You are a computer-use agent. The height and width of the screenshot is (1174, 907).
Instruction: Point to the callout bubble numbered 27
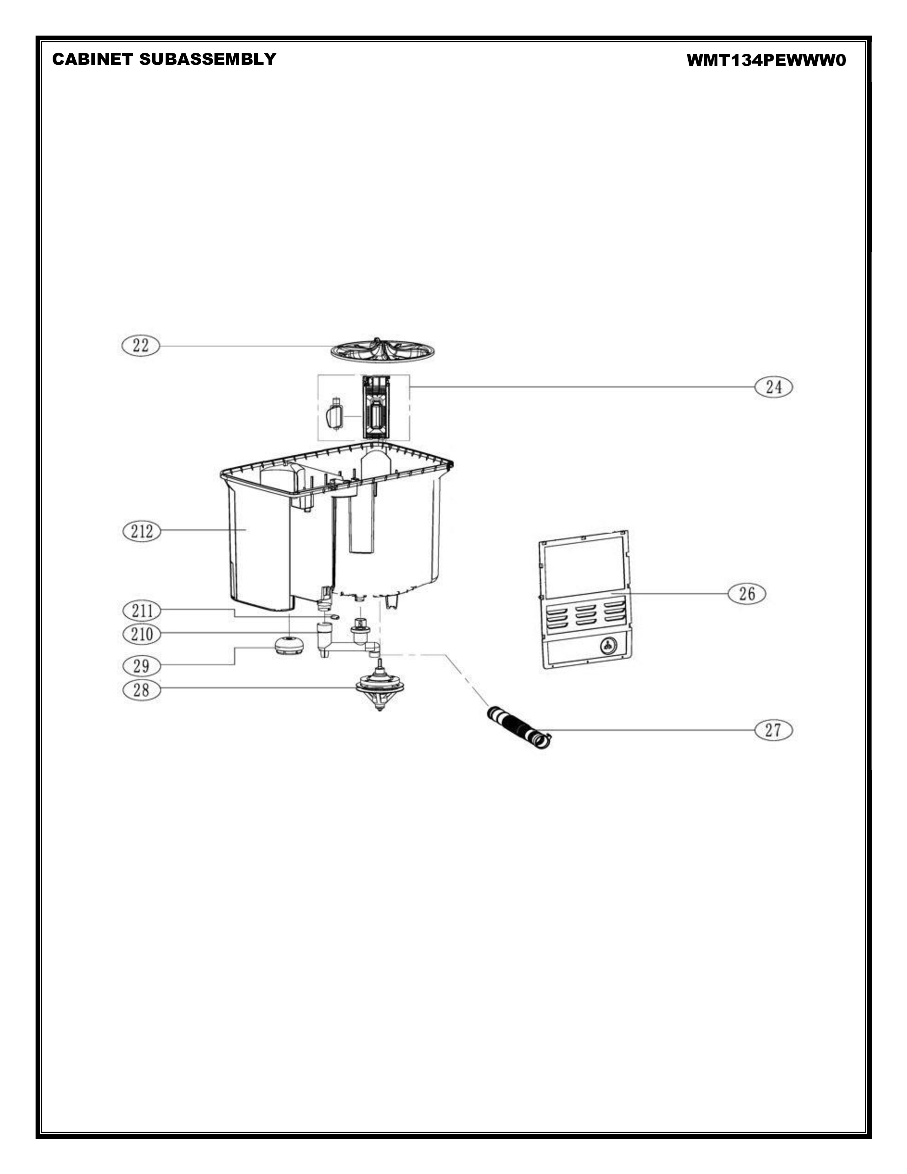tap(773, 730)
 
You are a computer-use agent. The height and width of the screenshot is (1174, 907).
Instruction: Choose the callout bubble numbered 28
tap(141, 690)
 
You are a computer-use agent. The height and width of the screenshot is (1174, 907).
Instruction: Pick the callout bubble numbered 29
tap(141, 666)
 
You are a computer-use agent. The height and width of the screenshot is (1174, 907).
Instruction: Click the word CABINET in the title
tap(92, 59)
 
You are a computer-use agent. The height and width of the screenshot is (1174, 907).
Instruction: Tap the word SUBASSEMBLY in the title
tap(207, 59)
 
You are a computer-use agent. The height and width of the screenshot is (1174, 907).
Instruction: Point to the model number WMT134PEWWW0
tap(766, 60)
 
